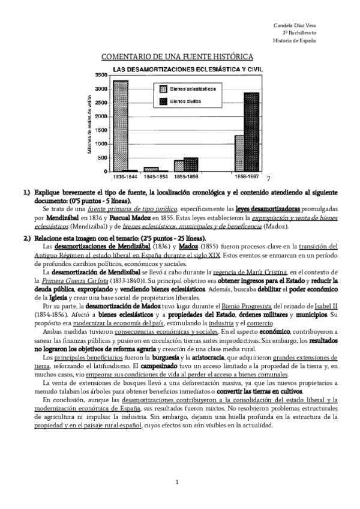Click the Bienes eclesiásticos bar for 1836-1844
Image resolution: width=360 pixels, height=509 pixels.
click(120, 127)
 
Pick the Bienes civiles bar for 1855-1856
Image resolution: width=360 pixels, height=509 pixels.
click(190, 165)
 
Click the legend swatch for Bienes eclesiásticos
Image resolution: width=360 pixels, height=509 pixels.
click(162, 89)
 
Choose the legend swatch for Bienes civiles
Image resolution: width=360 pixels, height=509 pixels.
click(162, 103)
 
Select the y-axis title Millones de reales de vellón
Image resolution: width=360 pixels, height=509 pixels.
click(90, 124)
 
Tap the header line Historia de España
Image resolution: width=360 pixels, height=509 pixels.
click(295, 41)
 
